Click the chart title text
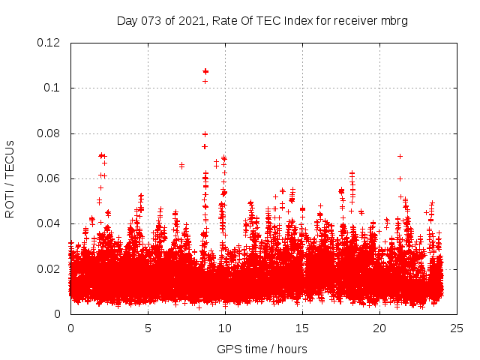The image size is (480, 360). click(x=262, y=20)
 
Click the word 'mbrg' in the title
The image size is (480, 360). click(x=394, y=20)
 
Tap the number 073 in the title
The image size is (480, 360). click(x=163, y=20)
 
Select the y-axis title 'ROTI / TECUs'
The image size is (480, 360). click(x=10, y=178)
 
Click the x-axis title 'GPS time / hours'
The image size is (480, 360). click(x=262, y=349)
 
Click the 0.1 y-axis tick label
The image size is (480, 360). click(x=55, y=88)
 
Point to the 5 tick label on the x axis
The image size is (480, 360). click(x=148, y=328)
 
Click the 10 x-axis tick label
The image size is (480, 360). click(x=225, y=328)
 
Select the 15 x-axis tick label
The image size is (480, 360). click(x=302, y=328)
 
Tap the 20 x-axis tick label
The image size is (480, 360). click(x=379, y=328)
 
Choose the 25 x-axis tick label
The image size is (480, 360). click(x=457, y=328)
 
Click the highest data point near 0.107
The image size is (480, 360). click(x=205, y=71)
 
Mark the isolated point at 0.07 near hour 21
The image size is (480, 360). click(x=400, y=156)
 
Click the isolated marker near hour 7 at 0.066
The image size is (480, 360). click(x=181, y=165)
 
